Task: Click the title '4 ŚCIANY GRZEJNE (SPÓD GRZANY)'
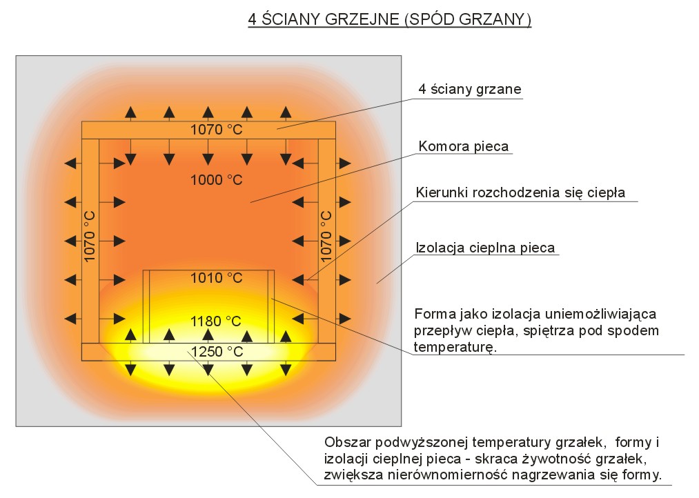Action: tap(390, 19)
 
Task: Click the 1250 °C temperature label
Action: tap(217, 352)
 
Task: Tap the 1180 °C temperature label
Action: tap(216, 321)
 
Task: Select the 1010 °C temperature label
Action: tap(217, 278)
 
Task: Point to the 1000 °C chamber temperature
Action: tap(217, 180)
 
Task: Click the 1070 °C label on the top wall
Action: tap(217, 130)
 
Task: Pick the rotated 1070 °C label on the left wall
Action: tap(90, 237)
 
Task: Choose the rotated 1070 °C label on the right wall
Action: tap(326, 237)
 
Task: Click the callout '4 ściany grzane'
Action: tap(469, 89)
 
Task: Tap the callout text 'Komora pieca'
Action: tap(463, 146)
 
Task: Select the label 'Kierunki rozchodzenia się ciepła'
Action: tap(520, 192)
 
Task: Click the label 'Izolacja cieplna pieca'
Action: tap(485, 248)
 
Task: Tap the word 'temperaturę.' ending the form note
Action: tap(455, 347)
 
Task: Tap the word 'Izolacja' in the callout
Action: tap(440, 248)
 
